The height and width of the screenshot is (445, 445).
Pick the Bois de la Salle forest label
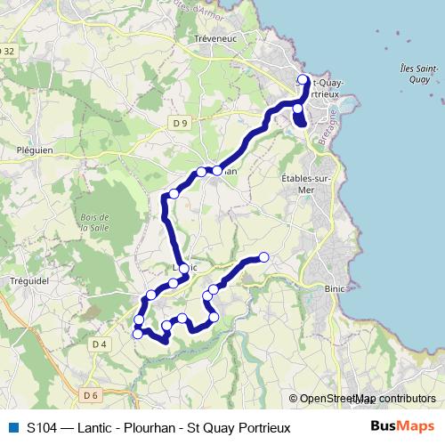[x=93, y=222]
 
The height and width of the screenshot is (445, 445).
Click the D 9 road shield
[x=182, y=122]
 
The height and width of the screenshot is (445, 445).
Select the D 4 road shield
[x=98, y=344]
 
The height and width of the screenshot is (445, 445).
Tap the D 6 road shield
[x=90, y=394]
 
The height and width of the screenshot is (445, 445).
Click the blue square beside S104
[x=12, y=427]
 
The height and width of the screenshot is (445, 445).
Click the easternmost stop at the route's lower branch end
[x=263, y=258]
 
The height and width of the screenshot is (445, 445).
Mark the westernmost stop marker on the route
[x=138, y=334]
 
